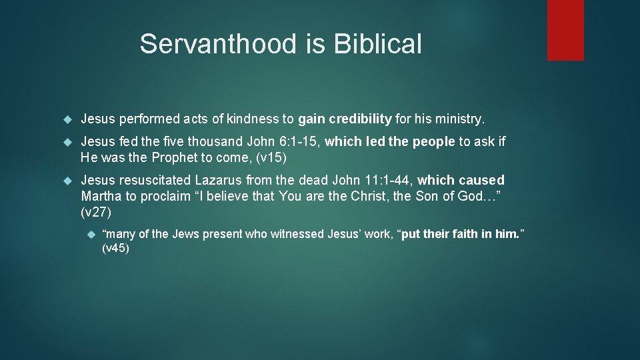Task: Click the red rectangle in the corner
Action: coord(565,30)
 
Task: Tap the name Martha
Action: coord(101,197)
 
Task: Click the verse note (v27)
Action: coord(95,213)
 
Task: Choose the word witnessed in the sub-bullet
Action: coord(296,234)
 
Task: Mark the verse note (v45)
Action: coord(115,249)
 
